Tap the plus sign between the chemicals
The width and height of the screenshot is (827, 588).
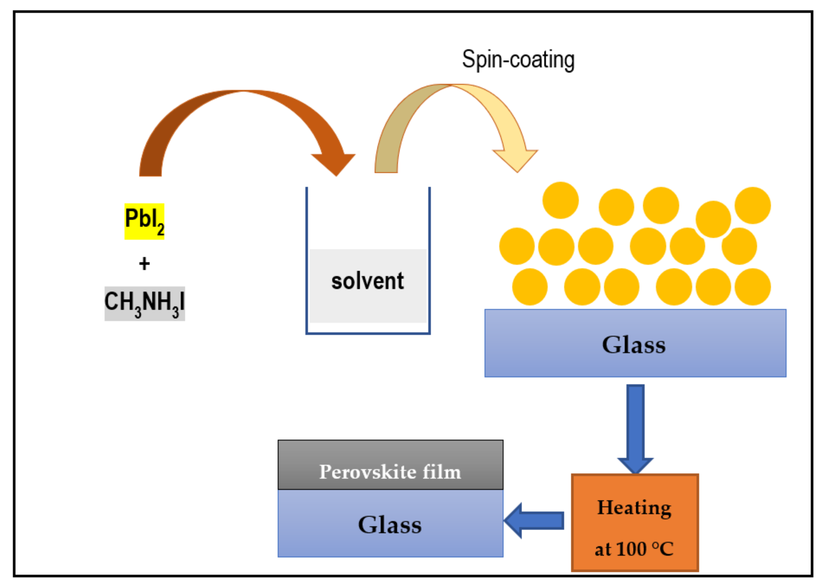pyautogui.click(x=144, y=264)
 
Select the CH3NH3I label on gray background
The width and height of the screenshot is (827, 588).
pyautogui.click(x=144, y=303)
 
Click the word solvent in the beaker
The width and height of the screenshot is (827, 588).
pyautogui.click(x=367, y=281)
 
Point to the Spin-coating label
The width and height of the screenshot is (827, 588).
pyautogui.click(x=518, y=60)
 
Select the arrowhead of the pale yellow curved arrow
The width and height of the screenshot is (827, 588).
pyautogui.click(x=516, y=160)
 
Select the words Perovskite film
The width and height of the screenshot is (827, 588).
pyautogui.click(x=390, y=472)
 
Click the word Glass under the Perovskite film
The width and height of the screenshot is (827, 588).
pyautogui.click(x=390, y=525)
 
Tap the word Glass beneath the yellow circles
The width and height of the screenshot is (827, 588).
pyautogui.click(x=633, y=344)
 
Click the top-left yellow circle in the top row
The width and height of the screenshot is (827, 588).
pyautogui.click(x=560, y=200)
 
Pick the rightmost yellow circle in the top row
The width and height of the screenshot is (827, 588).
pyautogui.click(x=753, y=205)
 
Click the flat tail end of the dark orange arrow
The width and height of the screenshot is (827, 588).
pyautogui.click(x=150, y=176)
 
